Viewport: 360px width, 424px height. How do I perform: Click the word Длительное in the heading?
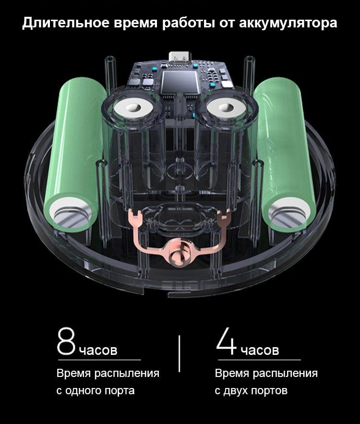click(66, 23)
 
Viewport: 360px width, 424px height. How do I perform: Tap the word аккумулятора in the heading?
click(288, 23)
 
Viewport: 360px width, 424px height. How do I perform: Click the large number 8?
click(66, 341)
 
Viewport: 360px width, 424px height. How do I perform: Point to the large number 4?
click(227, 341)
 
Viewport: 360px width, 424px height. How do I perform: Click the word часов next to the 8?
click(98, 350)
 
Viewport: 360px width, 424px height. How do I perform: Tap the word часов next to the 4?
click(260, 350)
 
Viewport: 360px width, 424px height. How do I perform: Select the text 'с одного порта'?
click(96, 390)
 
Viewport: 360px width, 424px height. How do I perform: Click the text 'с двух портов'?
click(251, 390)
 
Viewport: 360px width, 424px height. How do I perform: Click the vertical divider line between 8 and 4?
click(179, 354)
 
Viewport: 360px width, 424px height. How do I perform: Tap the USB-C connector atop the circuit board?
click(180, 56)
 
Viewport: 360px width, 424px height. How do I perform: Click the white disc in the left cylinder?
click(134, 108)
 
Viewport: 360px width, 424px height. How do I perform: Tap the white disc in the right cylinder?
click(227, 108)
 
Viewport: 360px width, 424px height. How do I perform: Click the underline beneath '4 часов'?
click(260, 360)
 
